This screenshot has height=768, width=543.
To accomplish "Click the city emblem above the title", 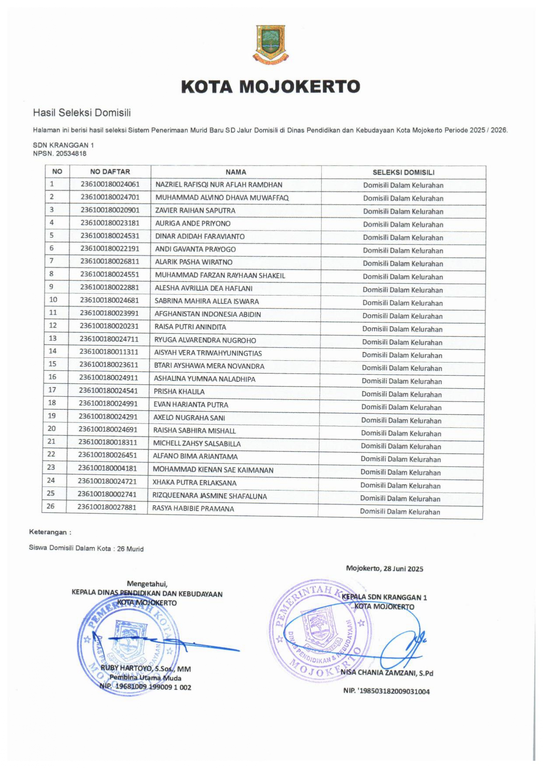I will (270, 45).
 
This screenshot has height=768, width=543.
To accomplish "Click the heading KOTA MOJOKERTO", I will (270, 87).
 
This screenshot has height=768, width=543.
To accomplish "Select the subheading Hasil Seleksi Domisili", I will (82, 113).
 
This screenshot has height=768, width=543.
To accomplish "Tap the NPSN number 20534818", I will (71, 154).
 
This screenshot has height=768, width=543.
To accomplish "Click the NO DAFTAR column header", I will (110, 172).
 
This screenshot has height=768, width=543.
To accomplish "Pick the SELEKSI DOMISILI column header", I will (403, 173).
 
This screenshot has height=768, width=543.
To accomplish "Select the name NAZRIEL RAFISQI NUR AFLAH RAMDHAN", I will (219, 185).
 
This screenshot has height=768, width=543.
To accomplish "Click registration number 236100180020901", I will (110, 210).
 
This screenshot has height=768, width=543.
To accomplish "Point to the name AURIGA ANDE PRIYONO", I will (193, 223).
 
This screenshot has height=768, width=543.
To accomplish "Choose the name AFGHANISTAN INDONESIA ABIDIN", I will (208, 314).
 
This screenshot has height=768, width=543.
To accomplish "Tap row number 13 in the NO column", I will (53, 338).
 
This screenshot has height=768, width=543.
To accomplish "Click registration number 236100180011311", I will (109, 352).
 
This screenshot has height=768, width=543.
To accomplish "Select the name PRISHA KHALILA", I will (179, 392).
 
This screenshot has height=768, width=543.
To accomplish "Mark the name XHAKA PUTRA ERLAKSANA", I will (194, 483).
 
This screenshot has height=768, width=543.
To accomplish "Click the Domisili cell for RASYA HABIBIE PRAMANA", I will (400, 511).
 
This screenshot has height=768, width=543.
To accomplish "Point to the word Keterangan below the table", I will (48, 532).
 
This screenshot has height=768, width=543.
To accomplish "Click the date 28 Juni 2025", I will (403, 569).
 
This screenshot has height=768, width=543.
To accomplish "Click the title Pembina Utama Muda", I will (145, 678).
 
